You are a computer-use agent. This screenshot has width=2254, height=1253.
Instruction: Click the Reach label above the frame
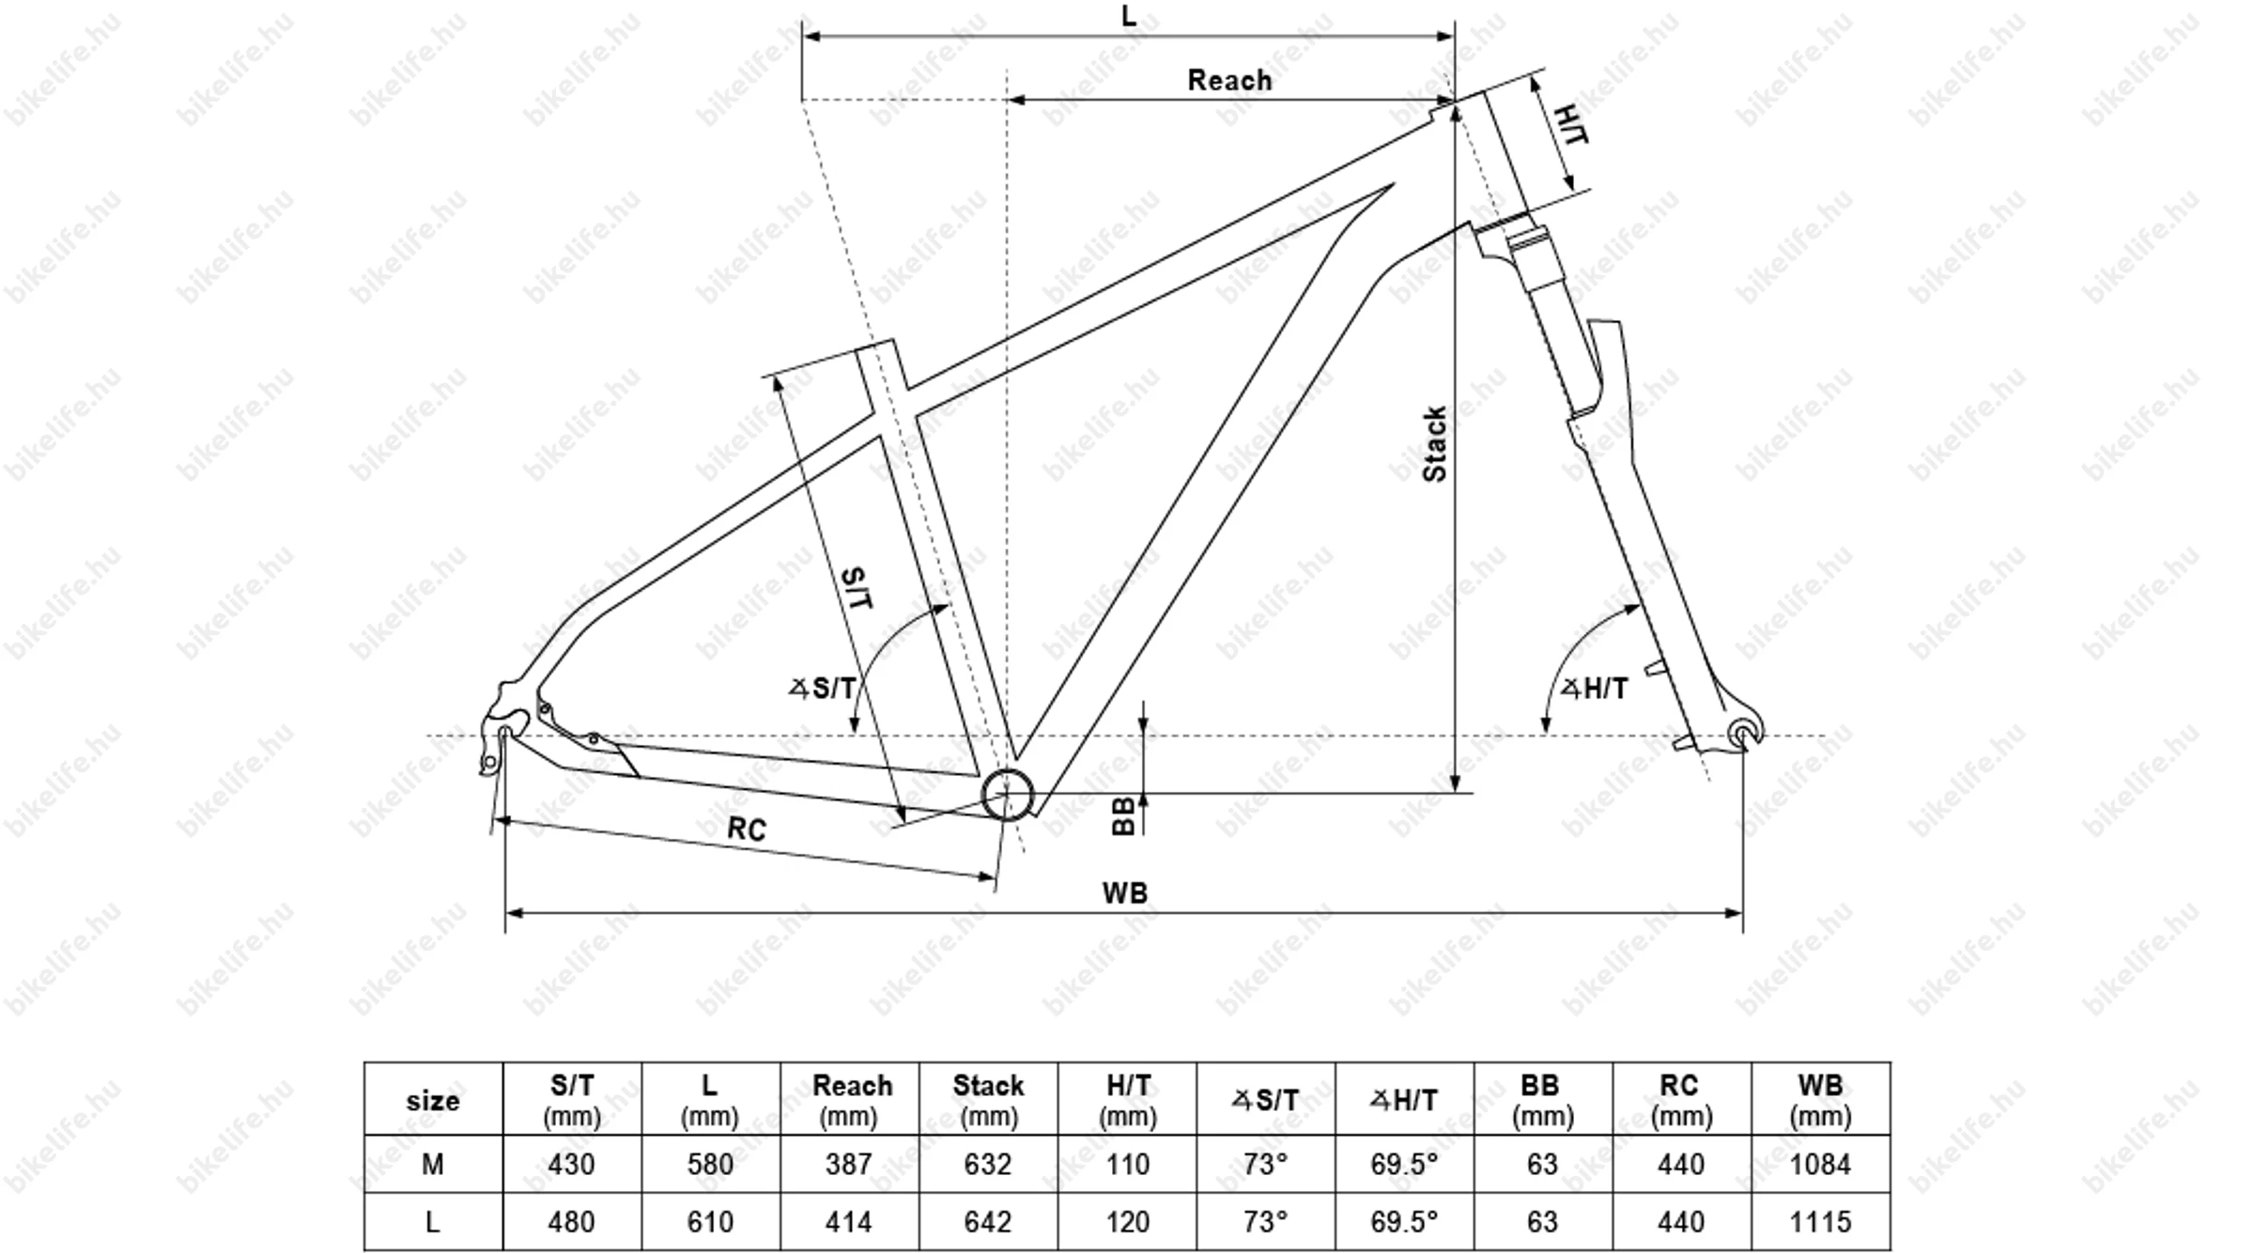pyautogui.click(x=1229, y=81)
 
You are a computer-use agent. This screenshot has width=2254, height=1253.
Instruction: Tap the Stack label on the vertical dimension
pyautogui.click(x=1434, y=444)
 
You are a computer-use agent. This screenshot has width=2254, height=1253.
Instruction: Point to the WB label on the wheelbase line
pyautogui.click(x=1124, y=892)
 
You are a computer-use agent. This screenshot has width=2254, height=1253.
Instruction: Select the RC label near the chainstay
pyautogui.click(x=747, y=828)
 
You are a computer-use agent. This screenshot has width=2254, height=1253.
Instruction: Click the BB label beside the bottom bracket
pyautogui.click(x=1123, y=816)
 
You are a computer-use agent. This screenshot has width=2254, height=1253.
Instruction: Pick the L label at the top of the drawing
pyautogui.click(x=1129, y=16)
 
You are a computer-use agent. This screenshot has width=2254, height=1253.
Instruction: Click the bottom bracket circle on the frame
pyautogui.click(x=1007, y=795)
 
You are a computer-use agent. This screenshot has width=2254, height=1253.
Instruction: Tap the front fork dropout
pyautogui.click(x=1744, y=733)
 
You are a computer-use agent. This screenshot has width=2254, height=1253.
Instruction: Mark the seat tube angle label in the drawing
pyautogui.click(x=823, y=688)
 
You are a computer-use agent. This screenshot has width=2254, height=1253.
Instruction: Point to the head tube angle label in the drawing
pyautogui.click(x=1595, y=688)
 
